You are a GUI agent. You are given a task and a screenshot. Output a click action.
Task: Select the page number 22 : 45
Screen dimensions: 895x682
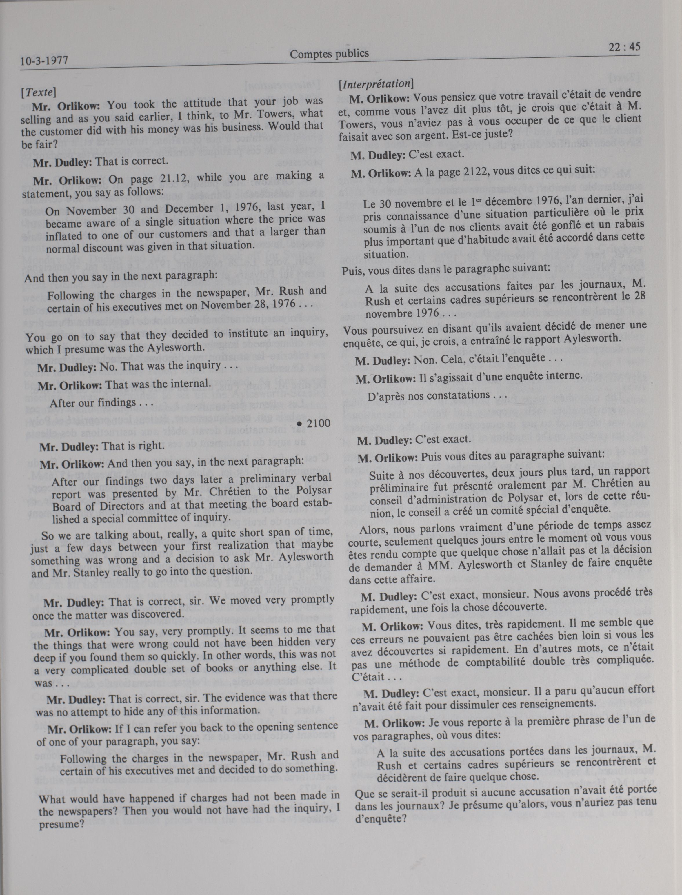(x=624, y=47)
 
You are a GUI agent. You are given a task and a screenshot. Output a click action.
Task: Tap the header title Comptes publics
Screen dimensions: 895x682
(x=329, y=54)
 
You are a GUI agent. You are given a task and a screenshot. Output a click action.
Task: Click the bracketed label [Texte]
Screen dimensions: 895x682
(x=38, y=92)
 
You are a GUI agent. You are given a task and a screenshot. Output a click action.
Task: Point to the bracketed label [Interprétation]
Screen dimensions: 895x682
(x=376, y=84)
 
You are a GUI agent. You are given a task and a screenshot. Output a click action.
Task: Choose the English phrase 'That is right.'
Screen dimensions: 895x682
(x=133, y=446)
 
